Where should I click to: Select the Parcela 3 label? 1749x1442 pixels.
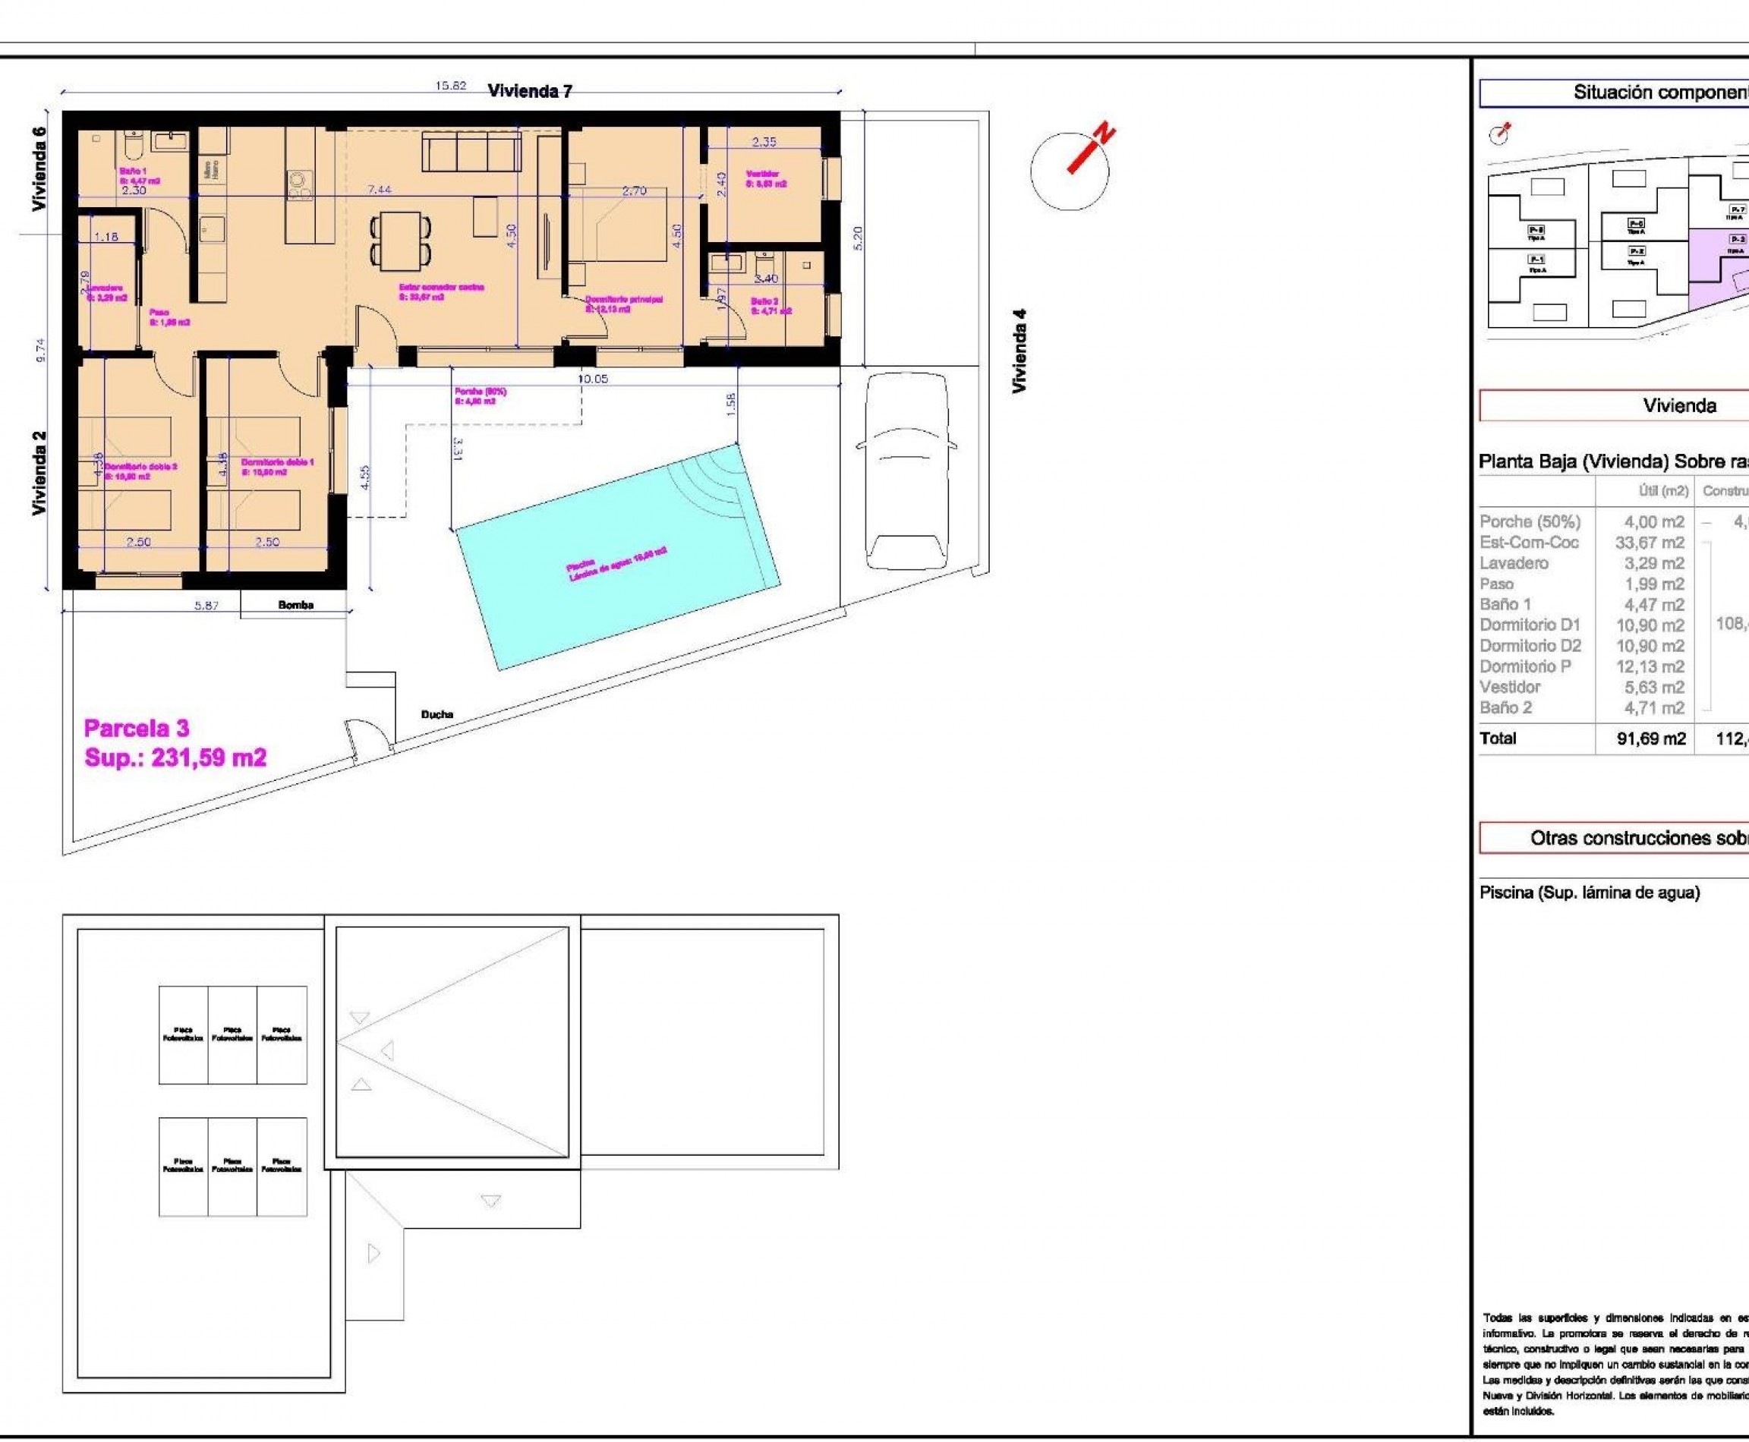[x=137, y=729]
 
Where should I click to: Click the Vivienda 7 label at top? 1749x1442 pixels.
[x=530, y=91]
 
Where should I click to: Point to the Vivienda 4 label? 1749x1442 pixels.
[x=1020, y=351]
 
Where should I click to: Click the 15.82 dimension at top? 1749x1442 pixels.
[x=450, y=86]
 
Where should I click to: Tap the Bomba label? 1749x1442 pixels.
[x=296, y=605]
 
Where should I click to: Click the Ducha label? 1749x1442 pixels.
[x=437, y=714]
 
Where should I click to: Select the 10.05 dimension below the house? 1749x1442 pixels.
[x=592, y=379]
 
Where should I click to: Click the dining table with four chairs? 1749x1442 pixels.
[x=401, y=239]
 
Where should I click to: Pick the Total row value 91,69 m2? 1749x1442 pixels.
[x=1650, y=738]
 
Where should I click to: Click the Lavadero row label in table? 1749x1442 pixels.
[x=1514, y=563]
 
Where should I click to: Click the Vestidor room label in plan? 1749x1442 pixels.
[x=765, y=178]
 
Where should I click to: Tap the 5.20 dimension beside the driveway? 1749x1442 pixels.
[x=859, y=239]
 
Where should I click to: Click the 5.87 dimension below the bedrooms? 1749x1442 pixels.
[x=206, y=606]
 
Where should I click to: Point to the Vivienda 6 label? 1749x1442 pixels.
[x=39, y=168]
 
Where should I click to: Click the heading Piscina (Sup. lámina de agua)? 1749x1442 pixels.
[x=1590, y=893]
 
